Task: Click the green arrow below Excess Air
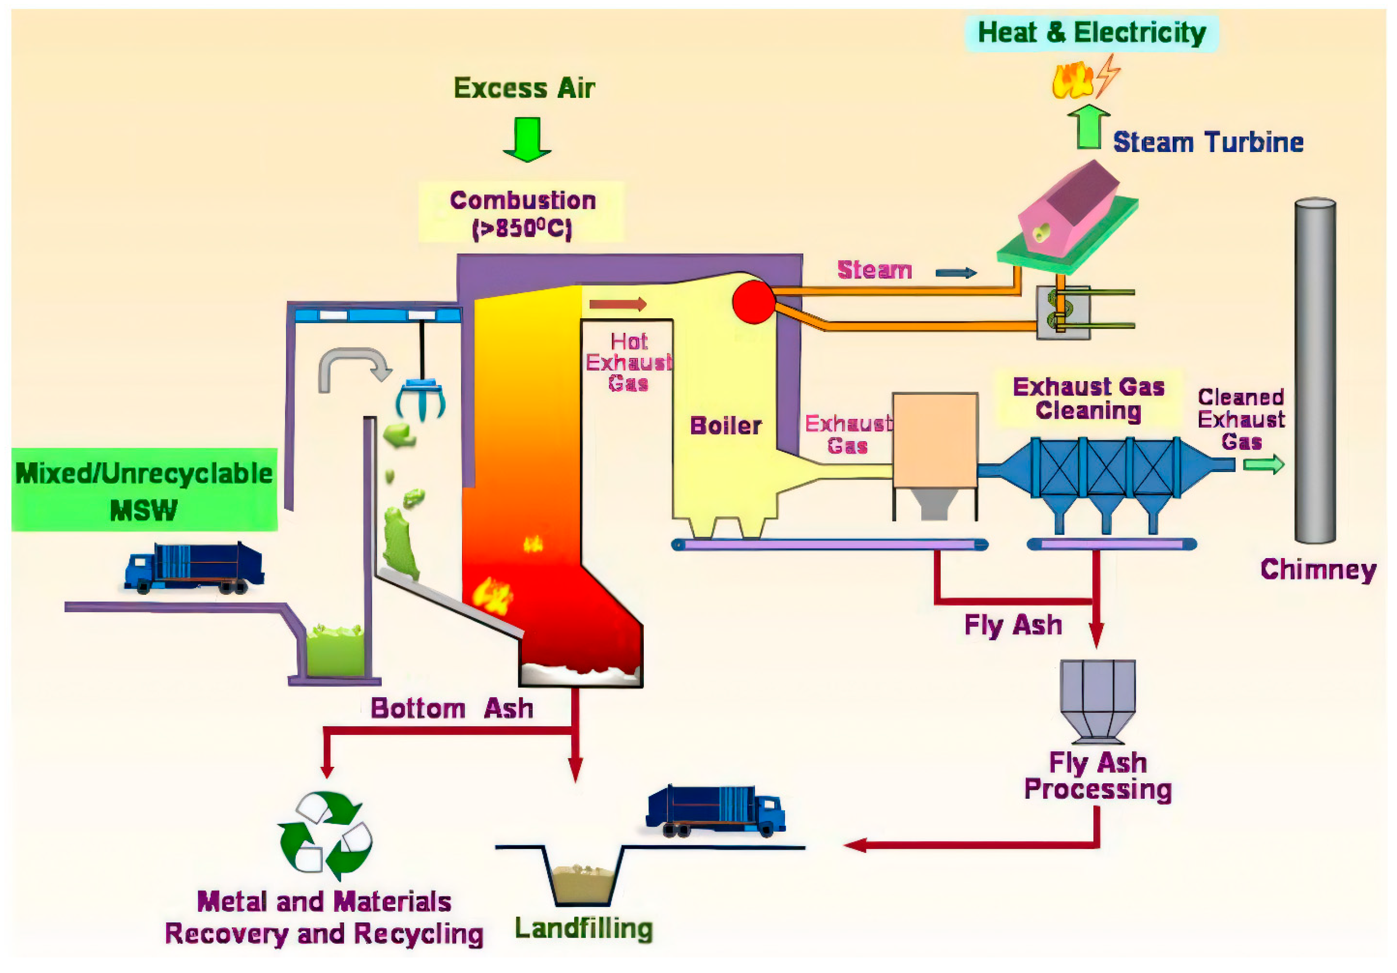pyautogui.click(x=527, y=139)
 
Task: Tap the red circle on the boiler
pyautogui.click(x=753, y=302)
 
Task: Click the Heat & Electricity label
pyautogui.click(x=1091, y=33)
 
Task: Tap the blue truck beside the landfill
pyautogui.click(x=716, y=810)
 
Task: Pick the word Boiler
pyautogui.click(x=725, y=426)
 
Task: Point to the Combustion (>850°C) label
pyautogui.click(x=522, y=213)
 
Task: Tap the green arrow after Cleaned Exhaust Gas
pyautogui.click(x=1263, y=465)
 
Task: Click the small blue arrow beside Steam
pyautogui.click(x=955, y=273)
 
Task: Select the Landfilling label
pyautogui.click(x=583, y=929)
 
